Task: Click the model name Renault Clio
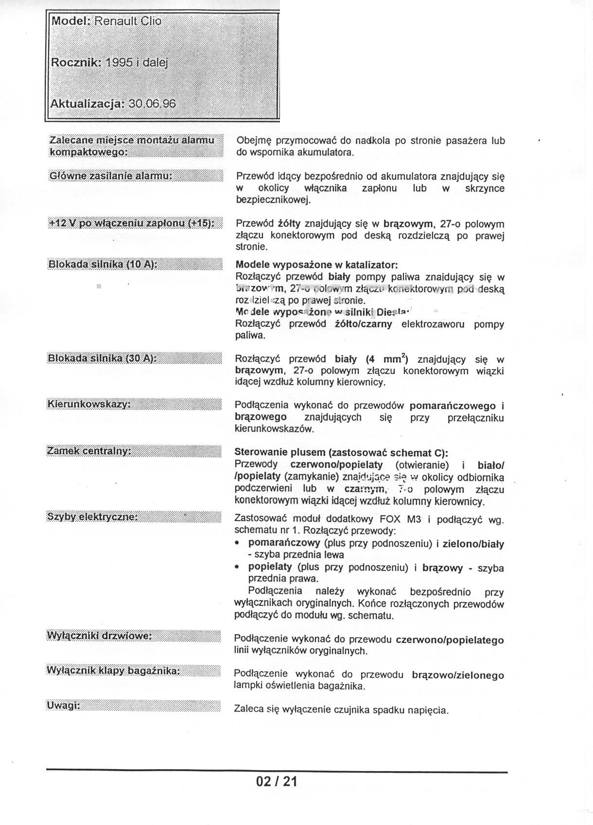pos(127,21)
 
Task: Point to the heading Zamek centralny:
pos(89,451)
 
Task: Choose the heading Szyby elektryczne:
pos(92,517)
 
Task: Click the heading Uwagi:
pos(63,706)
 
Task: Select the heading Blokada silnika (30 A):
pos(102,358)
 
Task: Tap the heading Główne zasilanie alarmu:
pos(111,175)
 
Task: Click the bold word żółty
pos(289,224)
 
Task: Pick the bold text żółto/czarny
pos(364,324)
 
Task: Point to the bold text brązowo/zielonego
pos(457,675)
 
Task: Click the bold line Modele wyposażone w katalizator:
pos(316,265)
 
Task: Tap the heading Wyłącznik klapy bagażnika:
pos(113,671)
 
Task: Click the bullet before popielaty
pos(237,567)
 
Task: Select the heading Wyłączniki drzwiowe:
pos(99,636)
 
